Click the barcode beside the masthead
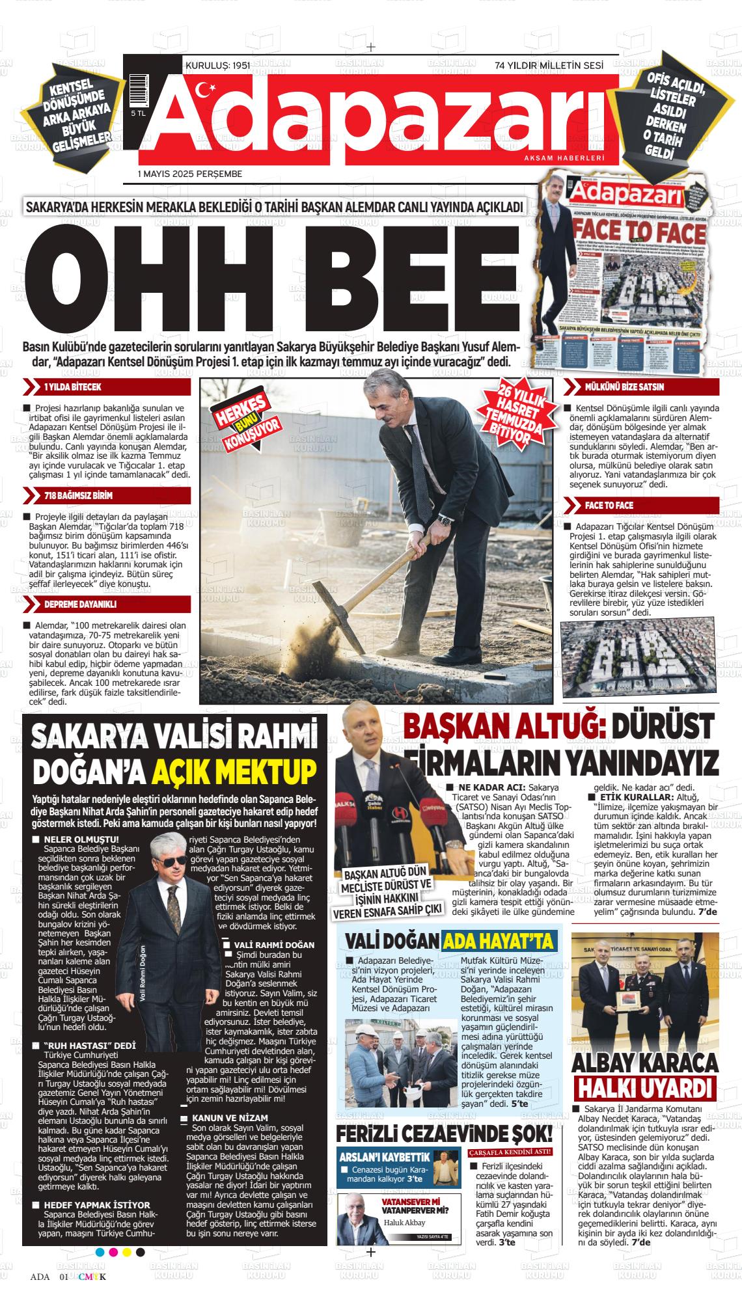click(x=138, y=90)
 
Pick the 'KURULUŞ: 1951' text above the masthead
click(x=218, y=66)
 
